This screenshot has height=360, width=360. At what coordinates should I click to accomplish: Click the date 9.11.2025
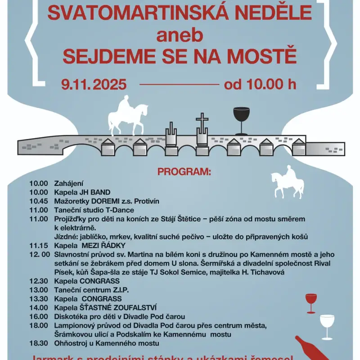pyautogui.click(x=94, y=84)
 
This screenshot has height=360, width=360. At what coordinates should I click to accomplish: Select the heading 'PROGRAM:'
pyautogui.click(x=184, y=172)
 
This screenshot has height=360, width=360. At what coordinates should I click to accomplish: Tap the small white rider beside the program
pyautogui.click(x=288, y=182)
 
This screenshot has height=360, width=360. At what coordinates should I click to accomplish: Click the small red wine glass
pyautogui.click(x=311, y=303)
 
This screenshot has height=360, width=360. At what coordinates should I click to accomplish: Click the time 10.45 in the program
pyautogui.click(x=38, y=201)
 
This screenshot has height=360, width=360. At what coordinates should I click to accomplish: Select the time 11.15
pyautogui.click(x=38, y=246)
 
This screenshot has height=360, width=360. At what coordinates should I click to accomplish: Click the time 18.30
pyautogui.click(x=38, y=343)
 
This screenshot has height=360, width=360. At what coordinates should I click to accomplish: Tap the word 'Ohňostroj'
pyautogui.click(x=70, y=343)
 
